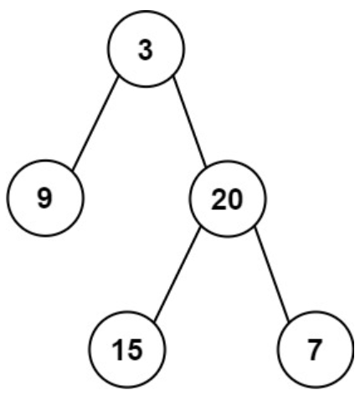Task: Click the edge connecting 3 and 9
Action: (x=95, y=123)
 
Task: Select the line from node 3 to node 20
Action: (x=190, y=121)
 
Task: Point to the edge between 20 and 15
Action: (x=177, y=273)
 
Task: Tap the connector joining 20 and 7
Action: (x=272, y=274)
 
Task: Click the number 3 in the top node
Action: (x=146, y=50)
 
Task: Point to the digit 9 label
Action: (x=44, y=198)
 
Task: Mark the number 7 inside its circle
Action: (x=315, y=350)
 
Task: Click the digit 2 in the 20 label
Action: (x=219, y=200)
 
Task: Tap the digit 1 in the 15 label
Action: (x=118, y=350)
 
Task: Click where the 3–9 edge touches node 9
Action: (x=73, y=170)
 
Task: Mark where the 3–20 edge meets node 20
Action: (x=206, y=167)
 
